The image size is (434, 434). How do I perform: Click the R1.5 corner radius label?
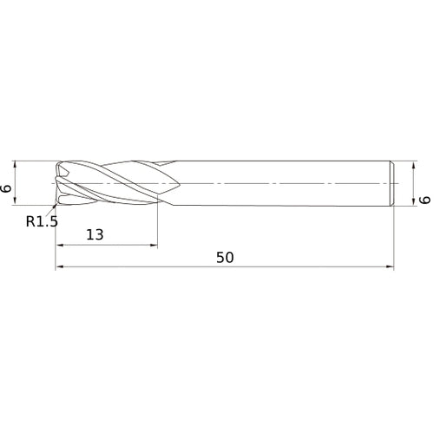coord(42,221)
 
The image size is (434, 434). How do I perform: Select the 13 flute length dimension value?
coord(95,234)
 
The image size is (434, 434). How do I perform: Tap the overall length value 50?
coord(225,258)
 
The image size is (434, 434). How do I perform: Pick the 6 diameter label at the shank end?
coord(424,200)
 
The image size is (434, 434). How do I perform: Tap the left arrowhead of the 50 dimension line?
coord(60,268)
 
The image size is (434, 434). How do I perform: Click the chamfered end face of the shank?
coord(395,184)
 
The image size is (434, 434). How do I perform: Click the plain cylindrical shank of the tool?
coord(278,184)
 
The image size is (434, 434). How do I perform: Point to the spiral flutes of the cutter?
coord(113,184)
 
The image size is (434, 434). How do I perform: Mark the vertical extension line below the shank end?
coord(396,239)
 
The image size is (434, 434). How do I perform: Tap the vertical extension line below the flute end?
coord(157,226)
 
